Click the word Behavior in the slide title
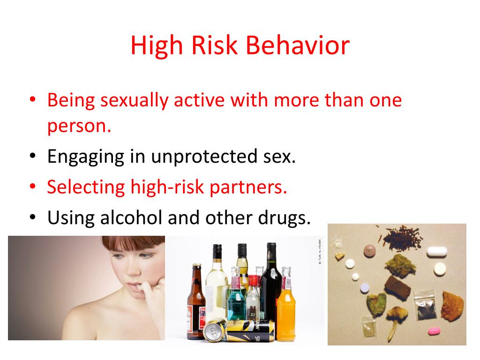click(x=298, y=46)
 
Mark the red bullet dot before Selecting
click(x=32, y=187)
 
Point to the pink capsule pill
click(x=435, y=331)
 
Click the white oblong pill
click(x=436, y=252)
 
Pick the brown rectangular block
click(x=397, y=287)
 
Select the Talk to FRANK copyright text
click(x=320, y=254)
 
